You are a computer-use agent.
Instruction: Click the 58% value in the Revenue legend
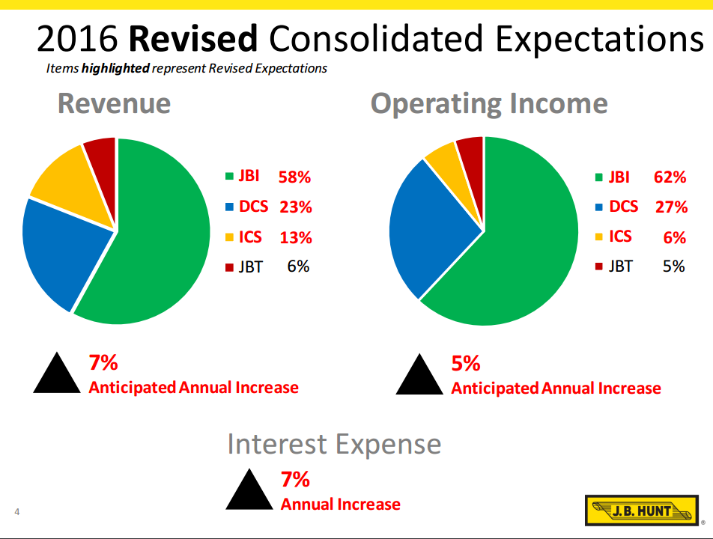click(x=294, y=177)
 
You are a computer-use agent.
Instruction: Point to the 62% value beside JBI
click(x=670, y=177)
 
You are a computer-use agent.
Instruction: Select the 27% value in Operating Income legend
click(x=670, y=207)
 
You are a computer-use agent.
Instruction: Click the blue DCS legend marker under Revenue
click(x=231, y=207)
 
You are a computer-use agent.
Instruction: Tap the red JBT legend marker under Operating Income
click(x=599, y=267)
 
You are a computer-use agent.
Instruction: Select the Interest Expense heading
click(x=334, y=444)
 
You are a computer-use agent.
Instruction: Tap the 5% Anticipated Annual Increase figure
click(x=465, y=364)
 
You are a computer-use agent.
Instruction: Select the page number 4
click(x=16, y=512)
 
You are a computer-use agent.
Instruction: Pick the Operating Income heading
click(x=489, y=103)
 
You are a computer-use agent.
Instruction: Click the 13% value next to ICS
click(x=295, y=238)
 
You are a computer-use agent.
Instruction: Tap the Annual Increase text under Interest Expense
click(x=340, y=505)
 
